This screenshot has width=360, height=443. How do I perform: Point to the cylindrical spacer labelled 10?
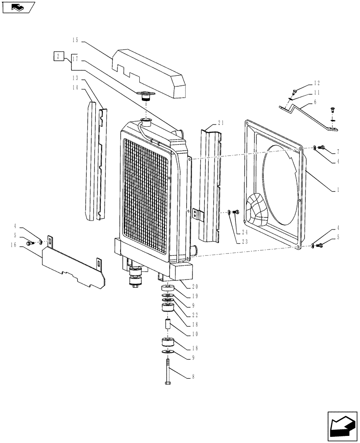pyautogui.click(x=168, y=324)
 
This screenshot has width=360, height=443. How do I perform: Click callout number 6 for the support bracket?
pyautogui.click(x=314, y=102)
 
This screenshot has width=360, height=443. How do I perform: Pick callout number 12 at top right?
pyautogui.click(x=316, y=83)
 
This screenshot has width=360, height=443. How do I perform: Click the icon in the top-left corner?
pyautogui.click(x=18, y=7)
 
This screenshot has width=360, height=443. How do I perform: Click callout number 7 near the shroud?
pyautogui.click(x=338, y=152)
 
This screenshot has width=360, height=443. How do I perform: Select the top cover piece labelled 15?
pyautogui.click(x=151, y=71)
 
